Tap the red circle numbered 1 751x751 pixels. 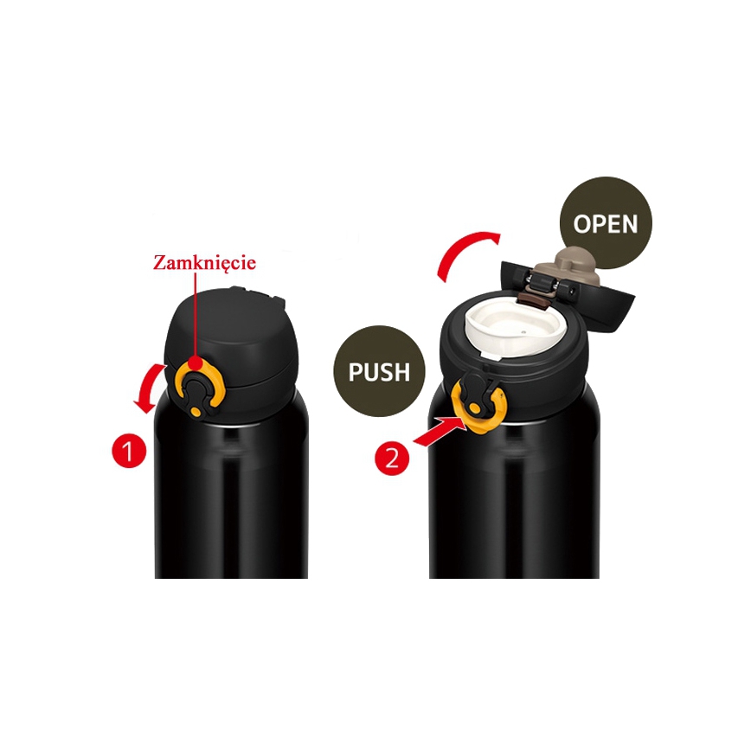coord(129,450)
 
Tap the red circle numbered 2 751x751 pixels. coord(393,457)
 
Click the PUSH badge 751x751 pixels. coord(378,372)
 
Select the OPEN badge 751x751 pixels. coord(606,224)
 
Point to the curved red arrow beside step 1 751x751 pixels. coord(150,388)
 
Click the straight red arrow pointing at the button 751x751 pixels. coord(435,429)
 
